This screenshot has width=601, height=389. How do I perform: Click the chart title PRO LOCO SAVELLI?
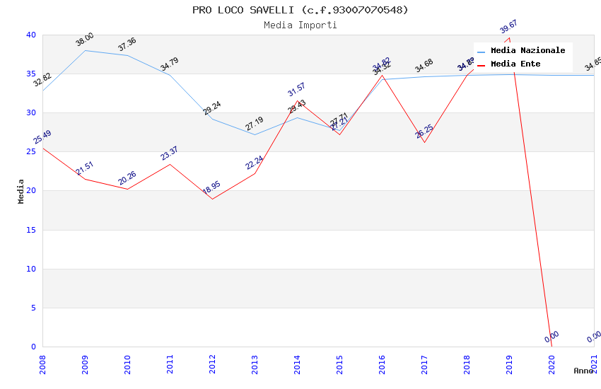tap(300, 10)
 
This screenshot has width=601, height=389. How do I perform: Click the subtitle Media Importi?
tap(300, 25)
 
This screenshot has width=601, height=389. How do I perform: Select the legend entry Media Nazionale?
tap(527, 51)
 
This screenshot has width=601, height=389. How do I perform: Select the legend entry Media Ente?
tap(515, 64)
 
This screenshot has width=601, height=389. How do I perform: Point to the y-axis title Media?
tap(21, 191)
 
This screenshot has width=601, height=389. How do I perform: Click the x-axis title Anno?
tap(583, 371)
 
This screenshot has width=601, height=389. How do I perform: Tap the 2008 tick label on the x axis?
tap(42, 364)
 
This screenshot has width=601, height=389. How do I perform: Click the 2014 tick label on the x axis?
tap(297, 364)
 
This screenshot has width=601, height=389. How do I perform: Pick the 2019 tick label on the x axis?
tap(509, 364)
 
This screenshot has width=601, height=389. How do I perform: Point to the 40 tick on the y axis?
tap(30, 35)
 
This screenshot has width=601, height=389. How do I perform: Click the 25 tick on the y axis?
tap(30, 152)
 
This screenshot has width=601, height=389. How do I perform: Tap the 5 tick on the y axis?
tap(33, 308)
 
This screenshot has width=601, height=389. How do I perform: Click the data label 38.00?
tap(85, 40)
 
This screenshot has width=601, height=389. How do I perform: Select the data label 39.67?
tap(509, 27)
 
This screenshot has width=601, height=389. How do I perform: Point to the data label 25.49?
tap(42, 137)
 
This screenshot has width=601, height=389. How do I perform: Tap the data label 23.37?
tap(170, 153)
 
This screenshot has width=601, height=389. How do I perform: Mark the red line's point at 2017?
tap(424, 142)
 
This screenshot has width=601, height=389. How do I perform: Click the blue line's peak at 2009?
tap(85, 50)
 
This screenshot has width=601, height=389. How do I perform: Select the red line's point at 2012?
tap(212, 199)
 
